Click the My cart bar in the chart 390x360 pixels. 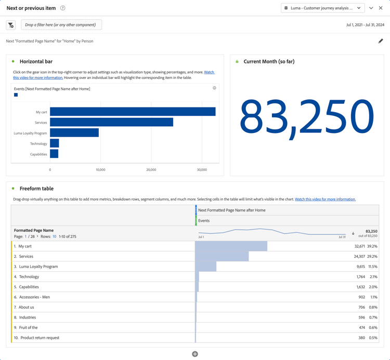(x=133, y=112)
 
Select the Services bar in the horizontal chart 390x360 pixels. (x=111, y=123)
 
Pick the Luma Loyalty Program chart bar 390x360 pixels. (x=74, y=133)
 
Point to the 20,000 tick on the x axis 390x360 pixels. (x=151, y=170)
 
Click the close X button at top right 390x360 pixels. (x=381, y=8)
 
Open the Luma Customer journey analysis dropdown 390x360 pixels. (x=322, y=8)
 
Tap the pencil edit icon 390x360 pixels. (x=381, y=41)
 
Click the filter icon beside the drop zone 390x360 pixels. (x=11, y=25)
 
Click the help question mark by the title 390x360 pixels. (x=63, y=8)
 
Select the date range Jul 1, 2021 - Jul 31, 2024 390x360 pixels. (x=365, y=25)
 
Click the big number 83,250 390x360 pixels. (x=306, y=117)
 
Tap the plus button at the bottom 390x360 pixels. (x=195, y=354)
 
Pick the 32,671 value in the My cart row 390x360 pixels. (x=360, y=246)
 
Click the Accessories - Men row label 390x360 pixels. (x=35, y=297)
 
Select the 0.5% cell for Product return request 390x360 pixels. (x=373, y=338)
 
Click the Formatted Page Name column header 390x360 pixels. (x=34, y=230)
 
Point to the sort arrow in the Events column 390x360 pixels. (x=353, y=234)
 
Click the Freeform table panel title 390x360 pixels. (x=36, y=189)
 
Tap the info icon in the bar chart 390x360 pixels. (x=214, y=88)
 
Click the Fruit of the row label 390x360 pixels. (x=28, y=328)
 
